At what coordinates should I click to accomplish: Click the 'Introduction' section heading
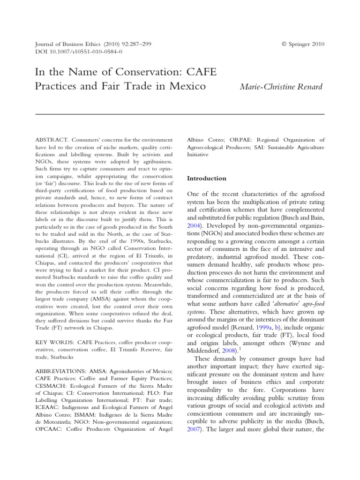point(207,178)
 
